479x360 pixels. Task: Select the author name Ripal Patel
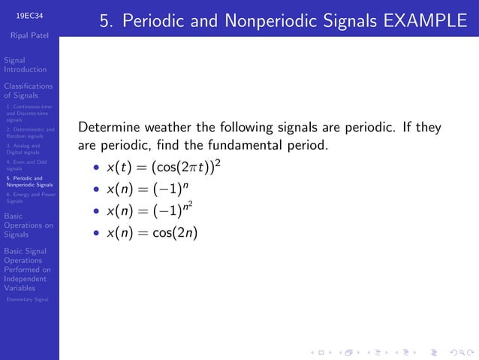point(29,35)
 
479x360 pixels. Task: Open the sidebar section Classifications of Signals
point(28,91)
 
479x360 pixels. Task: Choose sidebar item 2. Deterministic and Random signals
point(29,133)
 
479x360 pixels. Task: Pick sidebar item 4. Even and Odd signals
point(26,165)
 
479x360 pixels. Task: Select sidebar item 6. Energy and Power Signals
point(29,198)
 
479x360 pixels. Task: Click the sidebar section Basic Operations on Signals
point(28,225)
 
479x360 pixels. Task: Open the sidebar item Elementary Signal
point(27,300)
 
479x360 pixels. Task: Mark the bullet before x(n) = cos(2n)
point(96,234)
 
